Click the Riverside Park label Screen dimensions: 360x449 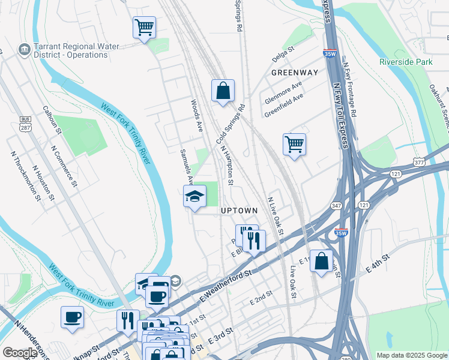click(405, 62)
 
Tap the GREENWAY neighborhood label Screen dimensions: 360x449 click(294, 73)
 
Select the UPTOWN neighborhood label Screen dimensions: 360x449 click(239, 211)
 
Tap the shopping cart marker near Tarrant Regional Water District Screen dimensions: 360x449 click(144, 28)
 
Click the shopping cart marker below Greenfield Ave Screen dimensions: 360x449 click(294, 144)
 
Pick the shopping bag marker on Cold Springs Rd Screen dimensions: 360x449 click(223, 91)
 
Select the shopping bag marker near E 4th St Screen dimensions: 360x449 click(321, 262)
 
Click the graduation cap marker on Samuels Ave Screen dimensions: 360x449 click(194, 196)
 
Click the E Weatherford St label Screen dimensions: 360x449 click(225, 285)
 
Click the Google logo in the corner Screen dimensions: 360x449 click(20, 353)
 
